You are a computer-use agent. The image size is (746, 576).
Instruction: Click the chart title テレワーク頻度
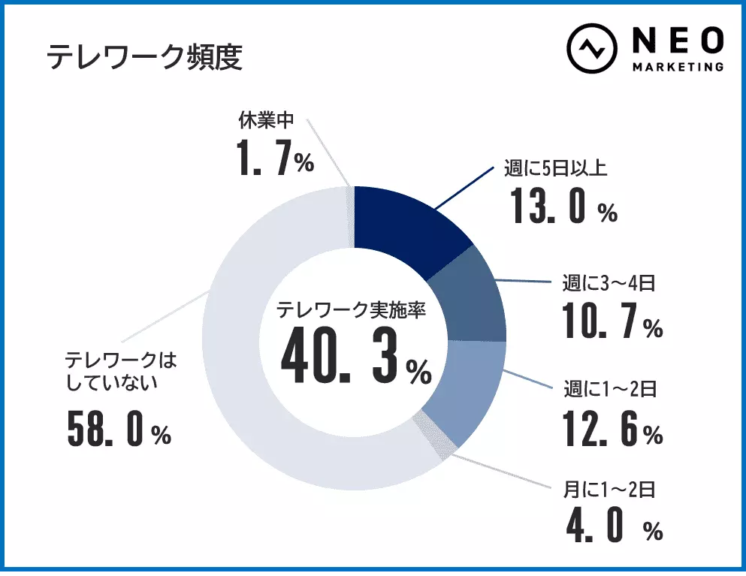pyautogui.click(x=144, y=56)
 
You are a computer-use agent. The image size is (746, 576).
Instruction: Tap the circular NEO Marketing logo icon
pyautogui.click(x=591, y=50)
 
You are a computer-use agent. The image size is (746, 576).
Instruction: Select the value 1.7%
pyautogui.click(x=275, y=158)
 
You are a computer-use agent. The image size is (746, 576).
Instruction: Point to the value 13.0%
pyautogui.click(x=563, y=206)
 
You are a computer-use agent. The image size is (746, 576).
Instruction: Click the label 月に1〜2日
pyautogui.click(x=610, y=490)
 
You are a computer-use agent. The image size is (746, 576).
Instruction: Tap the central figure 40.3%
pyautogui.click(x=355, y=359)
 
